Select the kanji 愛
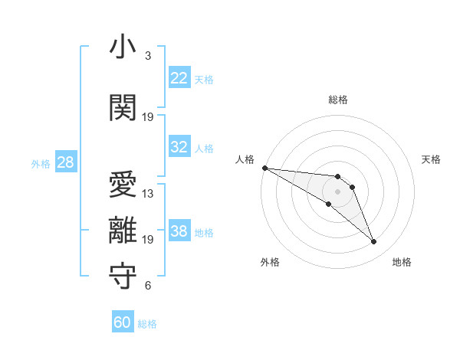(x=123, y=186)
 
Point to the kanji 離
(x=123, y=232)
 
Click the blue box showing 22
(x=179, y=78)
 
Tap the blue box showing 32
(x=179, y=147)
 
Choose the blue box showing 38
(x=179, y=231)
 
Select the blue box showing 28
(x=65, y=162)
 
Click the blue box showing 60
(x=123, y=322)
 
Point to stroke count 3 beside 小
(x=147, y=56)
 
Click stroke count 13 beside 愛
(x=148, y=194)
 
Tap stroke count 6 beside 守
(x=147, y=286)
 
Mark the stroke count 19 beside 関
(x=148, y=117)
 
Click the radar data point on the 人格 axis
(x=264, y=168)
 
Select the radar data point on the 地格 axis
(x=374, y=242)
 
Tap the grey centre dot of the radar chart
(x=338, y=191)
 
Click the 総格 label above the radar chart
(x=338, y=100)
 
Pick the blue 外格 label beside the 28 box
(x=41, y=163)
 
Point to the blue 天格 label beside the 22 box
(x=204, y=79)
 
